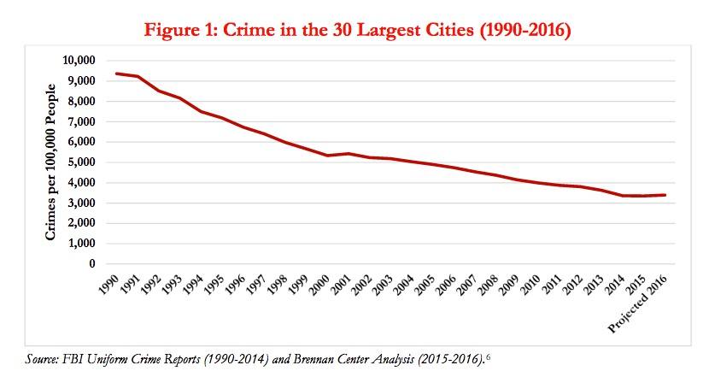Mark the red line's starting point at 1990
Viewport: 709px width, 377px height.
pyautogui.click(x=117, y=74)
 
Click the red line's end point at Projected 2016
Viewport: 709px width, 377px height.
pyautogui.click(x=665, y=195)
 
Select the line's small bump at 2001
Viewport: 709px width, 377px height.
pyautogui.click(x=349, y=154)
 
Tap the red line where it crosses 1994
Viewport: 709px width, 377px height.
pyautogui.click(x=201, y=111)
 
